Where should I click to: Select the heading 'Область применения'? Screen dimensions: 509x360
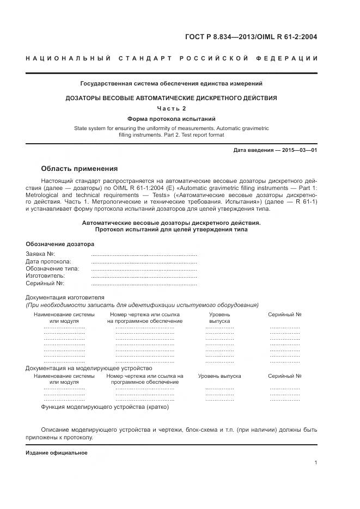80,169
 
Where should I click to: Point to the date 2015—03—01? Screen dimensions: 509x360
296,150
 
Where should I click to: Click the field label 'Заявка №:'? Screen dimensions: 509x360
40,254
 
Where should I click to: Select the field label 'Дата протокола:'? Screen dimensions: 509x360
48,262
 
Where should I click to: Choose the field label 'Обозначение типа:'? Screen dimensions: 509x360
52,269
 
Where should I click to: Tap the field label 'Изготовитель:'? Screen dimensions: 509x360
46,276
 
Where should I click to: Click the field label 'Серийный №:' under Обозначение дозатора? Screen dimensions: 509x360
45,284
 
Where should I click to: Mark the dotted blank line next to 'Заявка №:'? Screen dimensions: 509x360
144,255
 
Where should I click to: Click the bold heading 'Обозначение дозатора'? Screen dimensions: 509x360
60,244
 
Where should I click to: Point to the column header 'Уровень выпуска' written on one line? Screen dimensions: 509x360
219,376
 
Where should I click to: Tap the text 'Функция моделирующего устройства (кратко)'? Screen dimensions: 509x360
105,407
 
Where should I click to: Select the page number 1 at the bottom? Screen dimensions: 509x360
316,463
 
